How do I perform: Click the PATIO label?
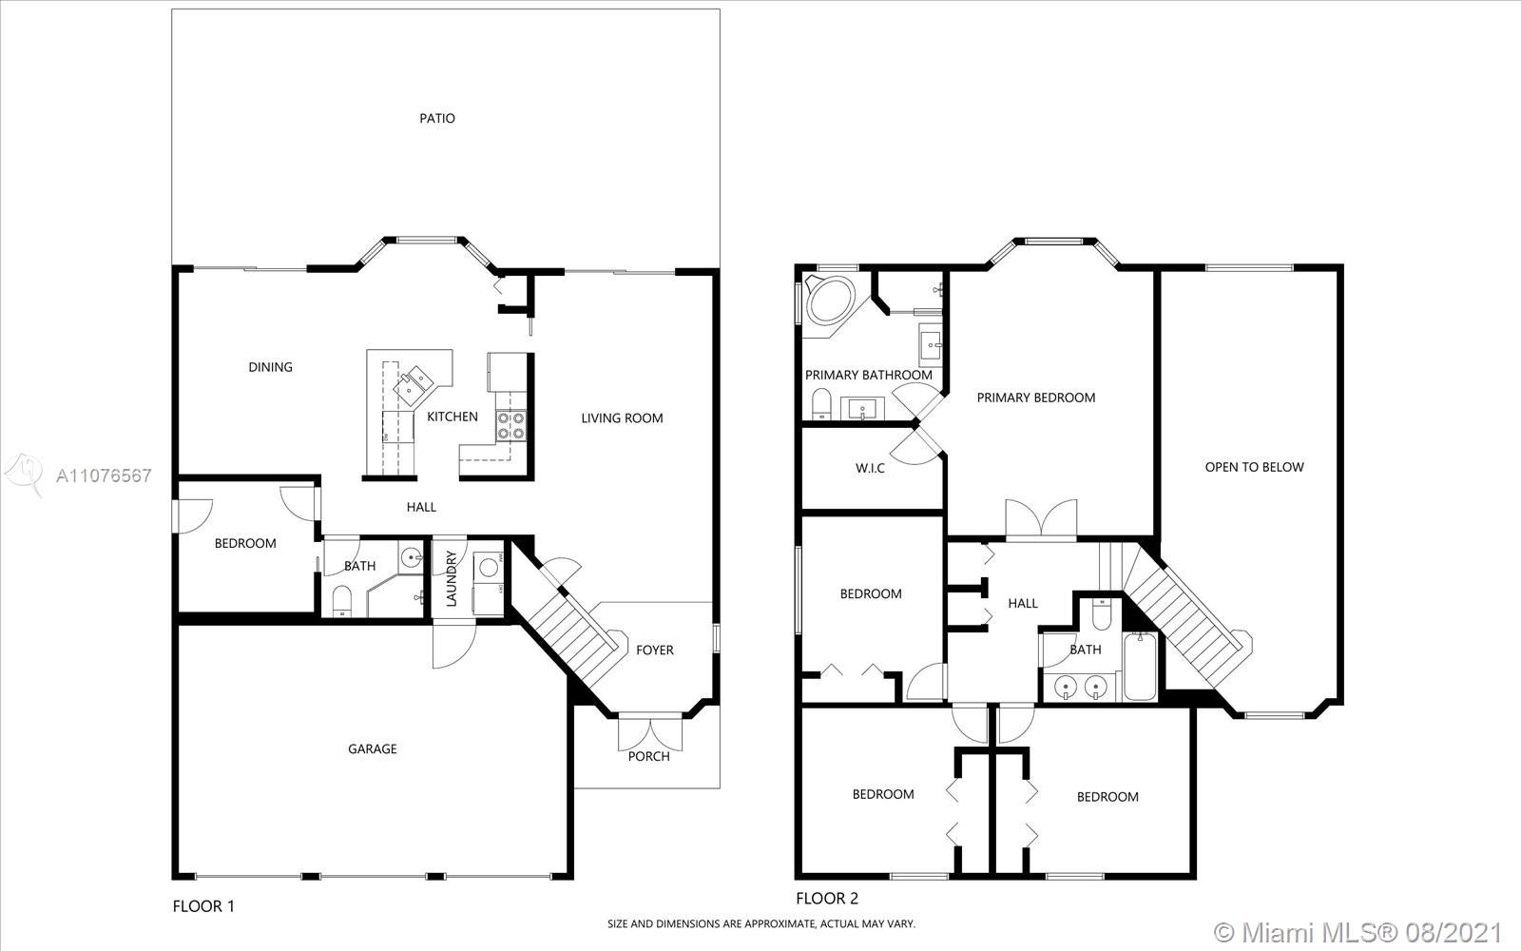[x=436, y=119]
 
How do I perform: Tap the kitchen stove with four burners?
[x=511, y=426]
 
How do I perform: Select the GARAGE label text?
[x=372, y=748]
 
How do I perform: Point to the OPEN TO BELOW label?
[x=1254, y=467]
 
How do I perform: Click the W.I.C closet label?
[x=870, y=468]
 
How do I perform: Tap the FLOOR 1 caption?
[x=203, y=906]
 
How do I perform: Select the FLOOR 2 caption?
[x=827, y=899]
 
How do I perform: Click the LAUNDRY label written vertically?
[x=452, y=578]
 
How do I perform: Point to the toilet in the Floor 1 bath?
[x=341, y=600]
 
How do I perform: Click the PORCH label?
[x=648, y=757]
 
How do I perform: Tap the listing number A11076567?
[x=104, y=475]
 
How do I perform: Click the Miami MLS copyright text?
[x=1357, y=932]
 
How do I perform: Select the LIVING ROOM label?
[x=622, y=418]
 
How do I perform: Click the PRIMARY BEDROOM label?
[x=1035, y=398]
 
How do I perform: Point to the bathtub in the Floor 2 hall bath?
[x=1141, y=667]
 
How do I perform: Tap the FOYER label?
[x=655, y=650]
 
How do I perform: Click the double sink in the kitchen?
[x=413, y=381]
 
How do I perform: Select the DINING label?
[x=270, y=367]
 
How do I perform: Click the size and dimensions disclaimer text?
[x=761, y=923]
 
